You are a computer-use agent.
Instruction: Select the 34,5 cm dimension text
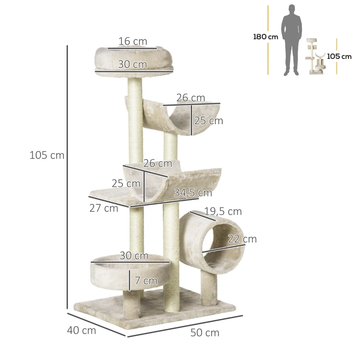(x=193, y=193)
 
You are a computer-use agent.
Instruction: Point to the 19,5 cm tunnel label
(x=223, y=211)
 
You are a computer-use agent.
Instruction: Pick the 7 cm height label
(x=146, y=281)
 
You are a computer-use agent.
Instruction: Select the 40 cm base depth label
(x=81, y=330)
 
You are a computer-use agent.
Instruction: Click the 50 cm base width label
(x=205, y=333)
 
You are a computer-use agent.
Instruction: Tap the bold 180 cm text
(x=265, y=37)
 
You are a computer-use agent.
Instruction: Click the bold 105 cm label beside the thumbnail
(x=339, y=57)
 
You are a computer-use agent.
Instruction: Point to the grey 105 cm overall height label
(x=47, y=156)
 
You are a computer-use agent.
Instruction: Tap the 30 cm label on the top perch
(x=132, y=64)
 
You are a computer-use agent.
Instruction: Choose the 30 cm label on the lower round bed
(x=134, y=256)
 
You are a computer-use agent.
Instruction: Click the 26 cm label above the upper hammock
(x=190, y=98)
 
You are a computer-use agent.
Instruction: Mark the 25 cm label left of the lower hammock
(x=126, y=184)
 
